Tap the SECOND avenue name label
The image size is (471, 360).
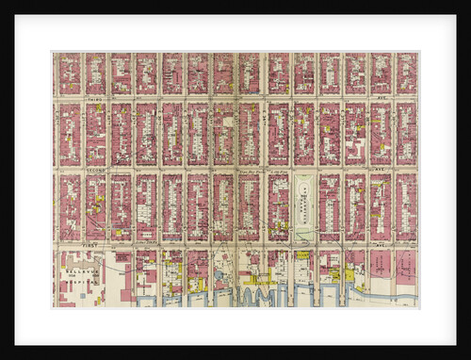94,170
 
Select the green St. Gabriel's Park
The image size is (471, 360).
306,206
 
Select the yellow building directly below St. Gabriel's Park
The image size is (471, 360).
303,254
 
